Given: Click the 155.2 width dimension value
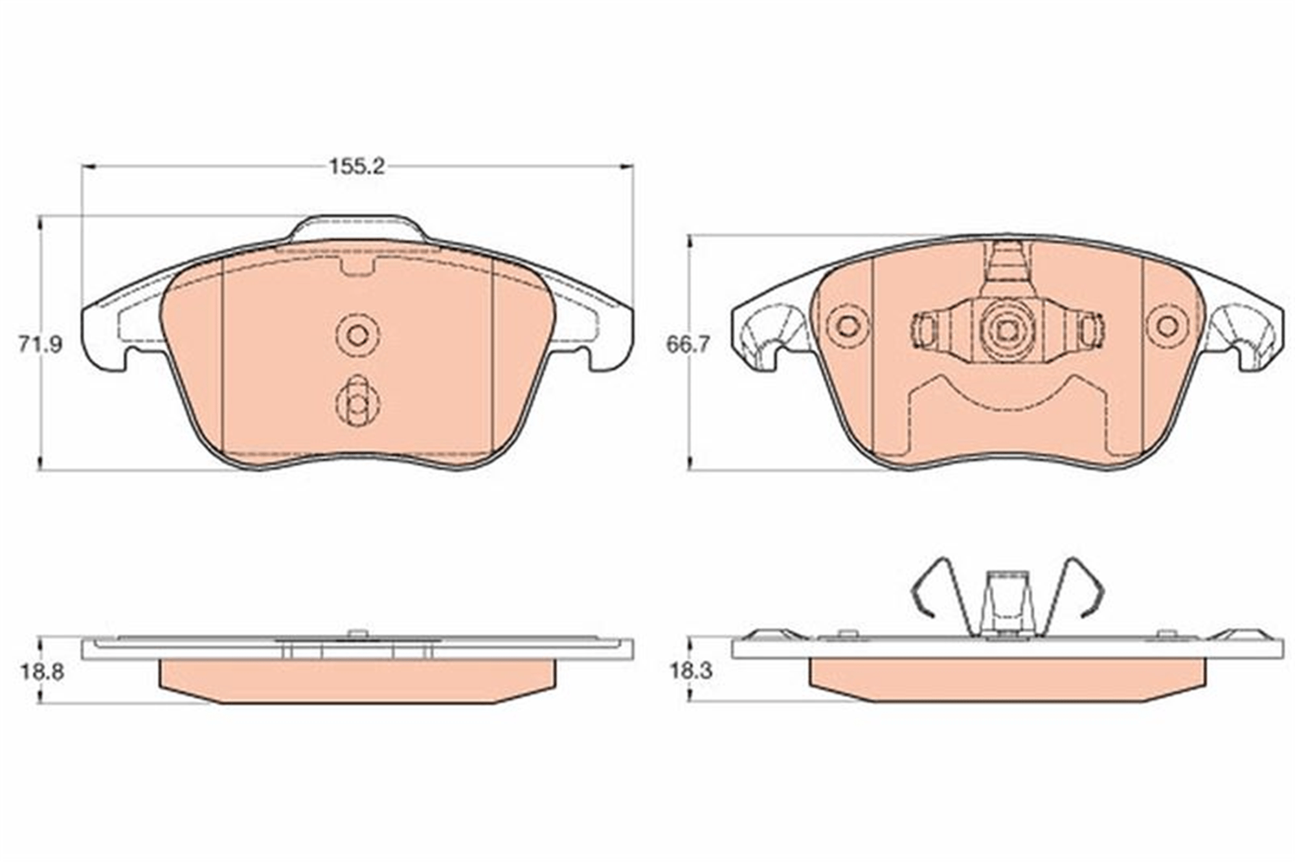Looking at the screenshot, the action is pyautogui.click(x=357, y=167).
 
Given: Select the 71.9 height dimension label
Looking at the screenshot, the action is pyautogui.click(x=40, y=345).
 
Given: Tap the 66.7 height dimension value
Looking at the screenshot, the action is pyautogui.click(x=688, y=345).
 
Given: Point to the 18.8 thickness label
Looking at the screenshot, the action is pyautogui.click(x=41, y=672).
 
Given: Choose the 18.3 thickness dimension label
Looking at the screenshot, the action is pyautogui.click(x=691, y=671).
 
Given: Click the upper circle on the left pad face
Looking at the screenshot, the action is pyautogui.click(x=357, y=335).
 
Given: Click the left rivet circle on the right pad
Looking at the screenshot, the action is pyautogui.click(x=848, y=326).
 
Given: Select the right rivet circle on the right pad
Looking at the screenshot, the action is pyautogui.click(x=1167, y=326).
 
